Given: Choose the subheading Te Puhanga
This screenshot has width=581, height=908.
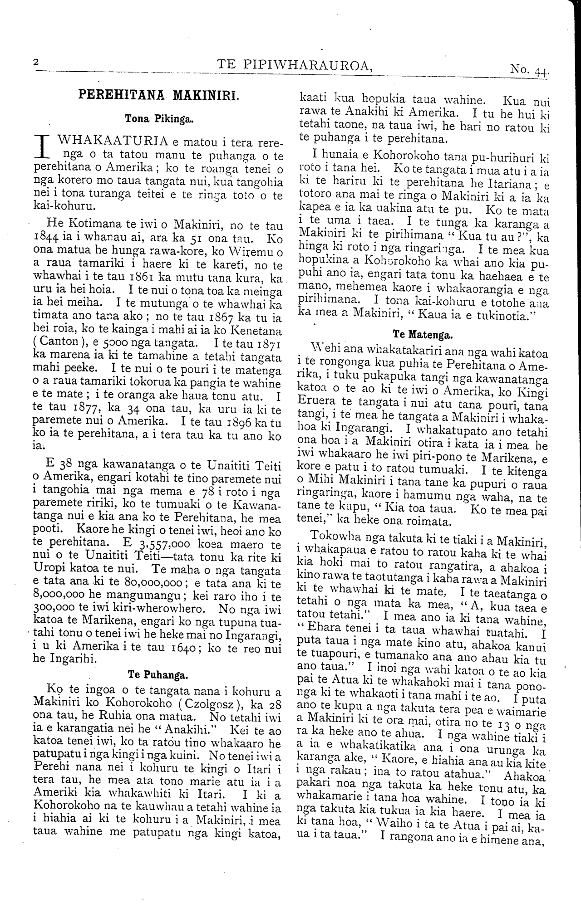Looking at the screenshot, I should click(158, 674).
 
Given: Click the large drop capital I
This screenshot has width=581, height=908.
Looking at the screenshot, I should click(43, 147).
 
